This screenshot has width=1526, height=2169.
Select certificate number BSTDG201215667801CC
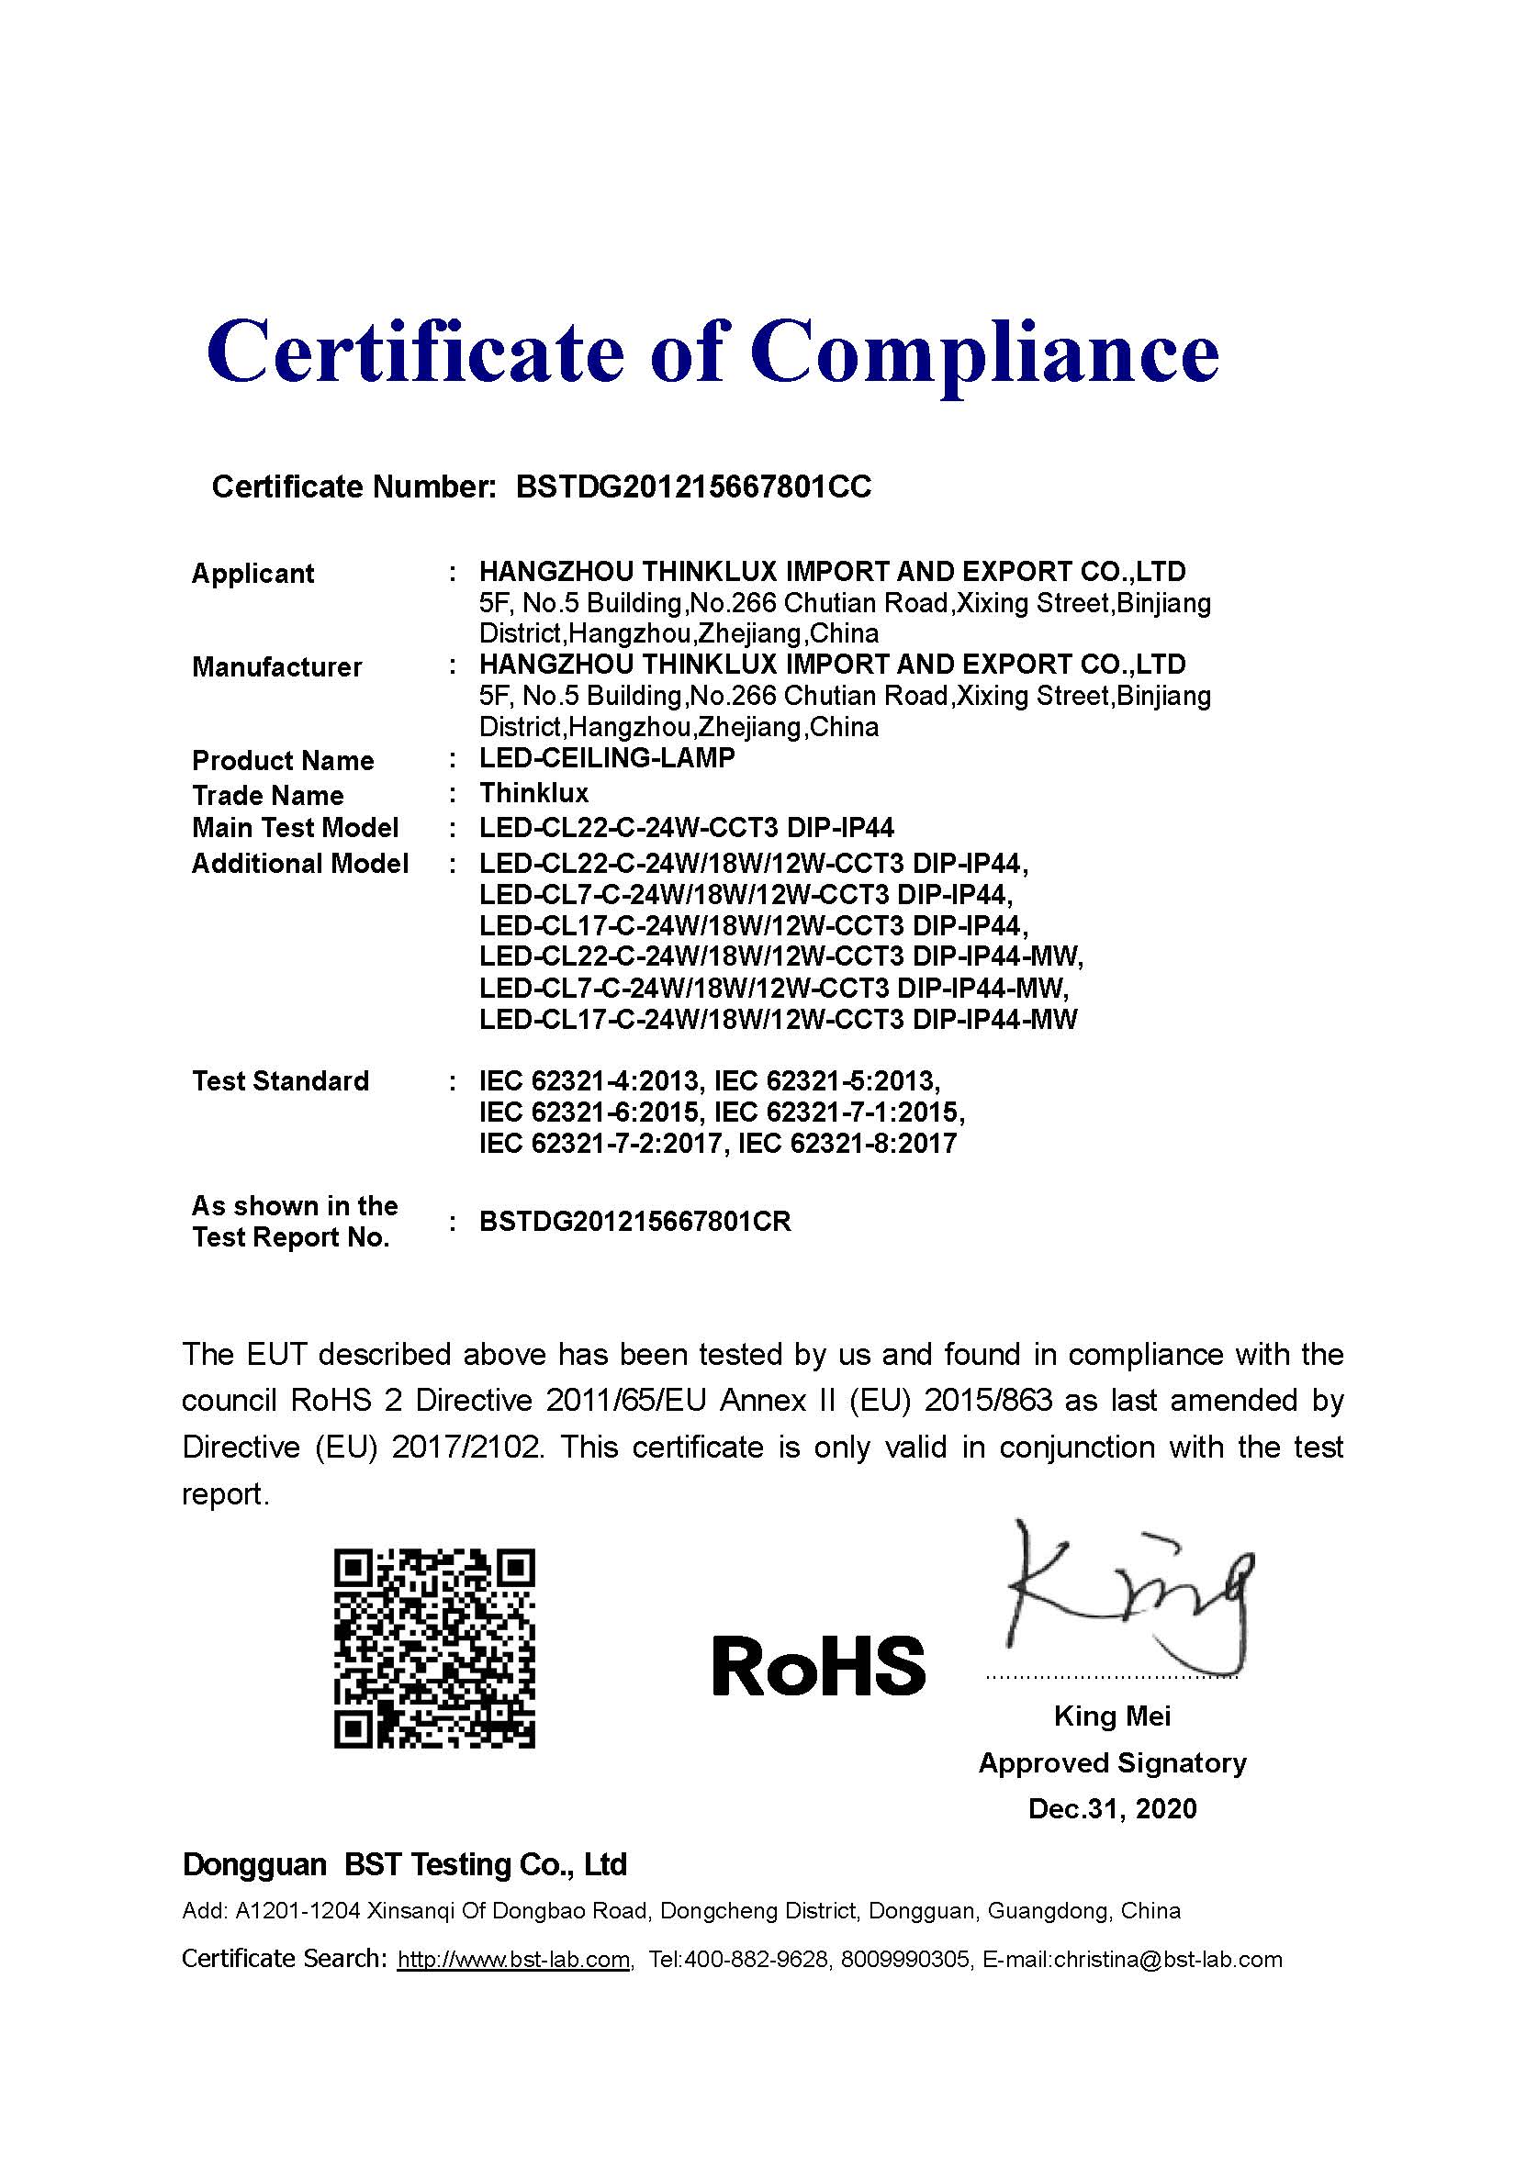click(x=693, y=486)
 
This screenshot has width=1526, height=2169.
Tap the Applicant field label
click(x=252, y=574)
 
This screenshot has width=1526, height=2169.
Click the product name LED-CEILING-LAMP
click(x=607, y=757)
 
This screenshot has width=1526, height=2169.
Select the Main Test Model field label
click(x=295, y=828)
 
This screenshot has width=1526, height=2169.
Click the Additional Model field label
click(x=299, y=864)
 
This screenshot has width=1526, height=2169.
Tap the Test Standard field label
click(x=280, y=1080)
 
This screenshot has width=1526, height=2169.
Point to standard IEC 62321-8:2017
click(x=847, y=1144)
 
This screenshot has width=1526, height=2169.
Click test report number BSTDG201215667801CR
click(x=635, y=1222)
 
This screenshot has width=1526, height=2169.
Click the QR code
click(x=434, y=1649)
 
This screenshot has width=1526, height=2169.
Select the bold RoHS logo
click(x=818, y=1665)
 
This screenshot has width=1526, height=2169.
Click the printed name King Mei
click(x=1112, y=1716)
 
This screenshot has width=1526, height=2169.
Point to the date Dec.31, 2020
click(x=1112, y=1808)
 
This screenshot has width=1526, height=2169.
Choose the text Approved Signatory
click(x=1112, y=1762)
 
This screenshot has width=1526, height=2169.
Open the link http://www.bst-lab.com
click(x=513, y=1960)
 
